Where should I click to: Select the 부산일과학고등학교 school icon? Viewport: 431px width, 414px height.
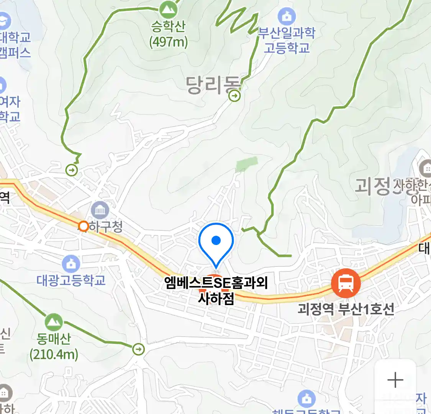pyautogui.click(x=287, y=16)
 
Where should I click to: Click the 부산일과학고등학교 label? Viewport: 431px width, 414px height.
pyautogui.click(x=287, y=40)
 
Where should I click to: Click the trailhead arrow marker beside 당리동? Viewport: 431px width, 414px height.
pyautogui.click(x=234, y=95)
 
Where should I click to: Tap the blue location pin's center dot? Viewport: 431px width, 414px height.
pyautogui.click(x=216, y=240)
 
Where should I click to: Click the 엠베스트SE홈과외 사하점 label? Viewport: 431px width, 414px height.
pyautogui.click(x=216, y=290)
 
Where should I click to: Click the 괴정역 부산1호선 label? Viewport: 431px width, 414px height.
pyautogui.click(x=346, y=309)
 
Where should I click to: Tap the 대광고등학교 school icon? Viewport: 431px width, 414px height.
pyautogui.click(x=71, y=264)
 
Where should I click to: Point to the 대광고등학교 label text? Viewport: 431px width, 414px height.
pyautogui.click(x=71, y=280)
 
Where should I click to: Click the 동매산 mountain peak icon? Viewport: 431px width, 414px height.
pyautogui.click(x=54, y=322)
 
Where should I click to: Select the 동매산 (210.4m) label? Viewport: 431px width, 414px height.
pyautogui.click(x=54, y=346)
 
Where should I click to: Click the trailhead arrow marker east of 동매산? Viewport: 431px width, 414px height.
pyautogui.click(x=138, y=349)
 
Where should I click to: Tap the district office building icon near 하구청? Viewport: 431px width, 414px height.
pyautogui.click(x=100, y=210)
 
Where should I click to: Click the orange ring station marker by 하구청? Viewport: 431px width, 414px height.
pyautogui.click(x=83, y=227)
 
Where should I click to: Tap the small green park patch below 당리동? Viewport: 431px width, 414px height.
pyautogui.click(x=246, y=164)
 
